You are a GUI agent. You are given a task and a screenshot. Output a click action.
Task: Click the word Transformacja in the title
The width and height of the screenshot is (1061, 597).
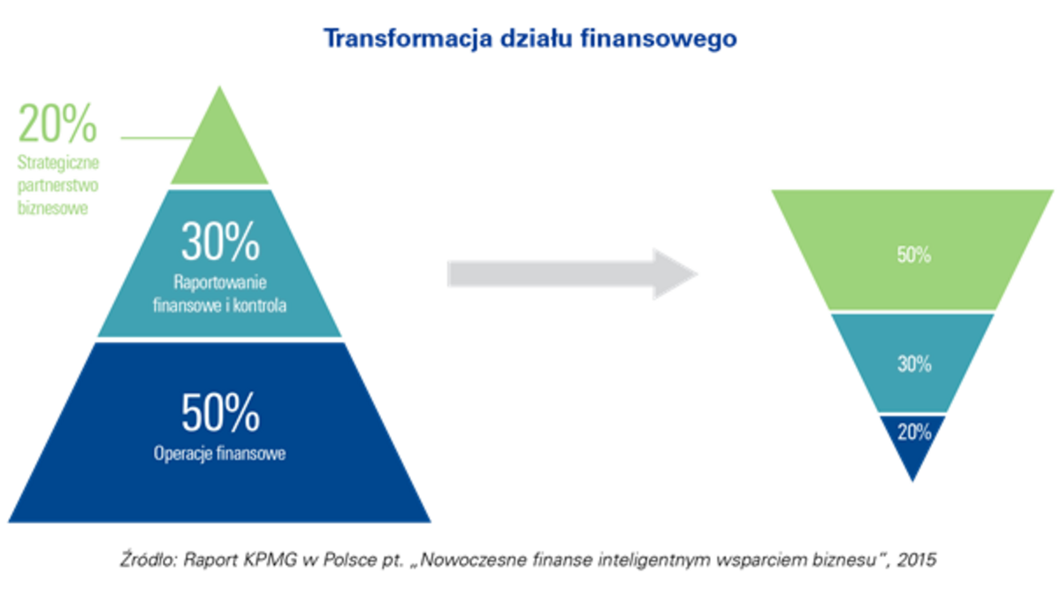click(x=408, y=39)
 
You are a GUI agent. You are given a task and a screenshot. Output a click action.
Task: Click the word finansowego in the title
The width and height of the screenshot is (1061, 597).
click(x=659, y=39)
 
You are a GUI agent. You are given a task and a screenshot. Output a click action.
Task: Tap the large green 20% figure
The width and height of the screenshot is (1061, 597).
click(x=57, y=124)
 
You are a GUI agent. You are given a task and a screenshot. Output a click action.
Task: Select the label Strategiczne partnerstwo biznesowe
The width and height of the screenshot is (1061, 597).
click(x=58, y=185)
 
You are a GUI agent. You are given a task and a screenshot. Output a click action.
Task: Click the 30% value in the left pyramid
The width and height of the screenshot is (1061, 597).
click(x=221, y=241)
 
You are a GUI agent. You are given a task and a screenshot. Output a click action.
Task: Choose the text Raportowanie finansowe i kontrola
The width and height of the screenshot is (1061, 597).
click(x=220, y=294)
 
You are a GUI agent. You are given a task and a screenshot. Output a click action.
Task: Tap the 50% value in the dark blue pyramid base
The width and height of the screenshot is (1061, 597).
click(x=221, y=412)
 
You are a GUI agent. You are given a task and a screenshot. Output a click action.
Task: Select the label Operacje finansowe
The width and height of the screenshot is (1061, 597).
click(x=220, y=454)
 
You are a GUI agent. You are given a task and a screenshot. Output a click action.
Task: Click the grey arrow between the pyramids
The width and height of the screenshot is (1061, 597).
click(x=572, y=274)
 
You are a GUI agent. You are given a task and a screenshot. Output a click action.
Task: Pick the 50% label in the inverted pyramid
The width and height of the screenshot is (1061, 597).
click(x=913, y=255)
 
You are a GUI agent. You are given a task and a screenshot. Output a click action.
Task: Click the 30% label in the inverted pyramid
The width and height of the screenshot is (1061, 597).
click(x=914, y=364)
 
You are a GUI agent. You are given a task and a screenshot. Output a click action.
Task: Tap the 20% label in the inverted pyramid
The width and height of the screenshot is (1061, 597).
click(x=914, y=432)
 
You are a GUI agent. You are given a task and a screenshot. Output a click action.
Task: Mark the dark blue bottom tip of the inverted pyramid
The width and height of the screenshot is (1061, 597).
click(x=912, y=481)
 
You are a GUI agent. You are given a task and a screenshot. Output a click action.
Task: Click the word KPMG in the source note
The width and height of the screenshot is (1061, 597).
click(x=270, y=560)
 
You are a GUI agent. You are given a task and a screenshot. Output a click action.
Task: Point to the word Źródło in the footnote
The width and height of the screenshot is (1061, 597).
click(x=149, y=559)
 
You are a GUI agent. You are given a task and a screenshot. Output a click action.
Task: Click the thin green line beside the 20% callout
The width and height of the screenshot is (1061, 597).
click(x=157, y=138)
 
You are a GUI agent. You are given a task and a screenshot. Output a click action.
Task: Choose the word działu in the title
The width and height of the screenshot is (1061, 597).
click(x=537, y=39)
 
